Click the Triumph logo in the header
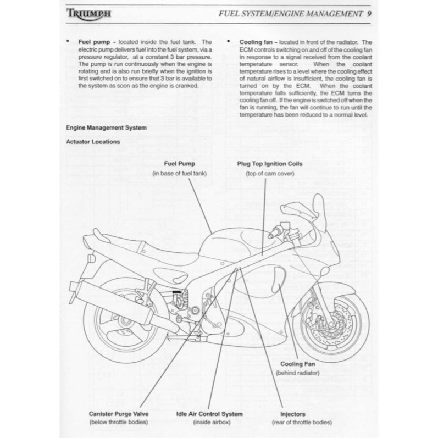[x=88, y=14]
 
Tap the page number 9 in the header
[x=369, y=14]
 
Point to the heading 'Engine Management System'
[x=106, y=127]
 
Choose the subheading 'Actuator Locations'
[x=92, y=141]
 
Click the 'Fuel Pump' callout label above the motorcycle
[x=179, y=164]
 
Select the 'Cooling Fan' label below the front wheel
[x=297, y=364]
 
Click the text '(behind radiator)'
[x=297, y=373]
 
